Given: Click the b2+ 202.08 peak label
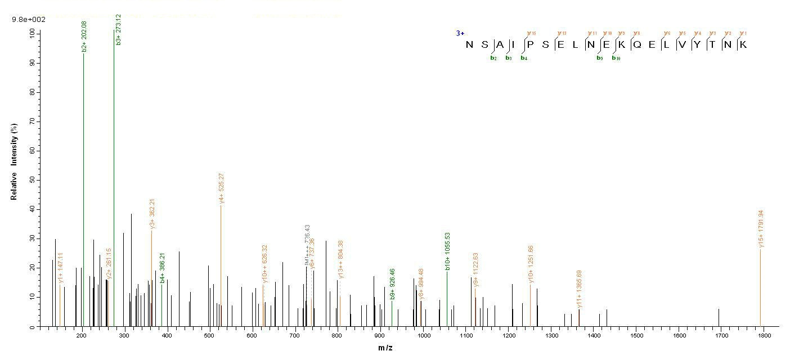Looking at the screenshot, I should [84, 37].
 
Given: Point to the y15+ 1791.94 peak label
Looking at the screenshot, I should [761, 229].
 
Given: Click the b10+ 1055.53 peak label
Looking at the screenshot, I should [447, 251].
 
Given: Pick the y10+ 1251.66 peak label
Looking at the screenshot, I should [530, 264].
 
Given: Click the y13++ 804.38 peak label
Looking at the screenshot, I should [340, 259].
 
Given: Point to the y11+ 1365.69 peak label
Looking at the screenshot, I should [579, 289].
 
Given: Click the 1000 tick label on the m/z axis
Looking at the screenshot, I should [423, 336].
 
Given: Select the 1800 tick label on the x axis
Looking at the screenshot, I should [764, 336].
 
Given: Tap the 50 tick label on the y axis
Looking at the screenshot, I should [31, 180].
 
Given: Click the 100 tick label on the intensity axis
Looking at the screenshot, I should [29, 34].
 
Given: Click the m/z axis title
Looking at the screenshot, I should [385, 348].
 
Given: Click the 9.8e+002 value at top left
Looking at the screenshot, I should [29, 19].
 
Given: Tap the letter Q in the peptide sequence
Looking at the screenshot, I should [636, 45].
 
